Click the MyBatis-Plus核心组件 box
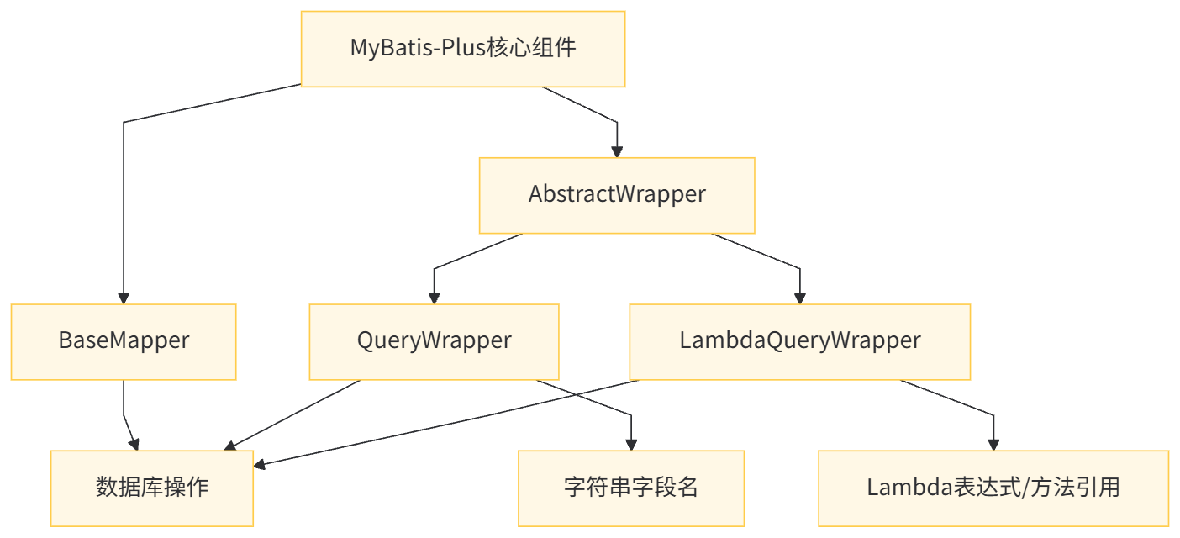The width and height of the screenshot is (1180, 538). click(462, 49)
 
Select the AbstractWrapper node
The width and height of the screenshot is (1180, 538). click(616, 195)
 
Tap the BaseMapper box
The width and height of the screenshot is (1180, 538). click(124, 341)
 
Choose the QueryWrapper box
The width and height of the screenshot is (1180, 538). click(434, 341)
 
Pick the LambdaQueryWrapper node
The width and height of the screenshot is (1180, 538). click(799, 341)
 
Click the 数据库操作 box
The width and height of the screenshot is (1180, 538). click(152, 488)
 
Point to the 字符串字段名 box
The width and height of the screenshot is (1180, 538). click(630, 488)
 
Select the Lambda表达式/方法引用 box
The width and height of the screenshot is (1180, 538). click(993, 488)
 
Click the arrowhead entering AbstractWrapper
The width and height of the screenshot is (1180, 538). click(617, 151)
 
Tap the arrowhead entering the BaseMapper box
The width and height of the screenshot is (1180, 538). click(124, 298)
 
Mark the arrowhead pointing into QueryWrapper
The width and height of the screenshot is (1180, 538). click(434, 298)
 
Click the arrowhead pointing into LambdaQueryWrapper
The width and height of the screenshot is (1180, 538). click(799, 298)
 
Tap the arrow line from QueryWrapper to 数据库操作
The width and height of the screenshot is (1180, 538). click(294, 414)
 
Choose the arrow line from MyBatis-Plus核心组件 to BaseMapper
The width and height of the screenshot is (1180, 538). click(124, 210)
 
